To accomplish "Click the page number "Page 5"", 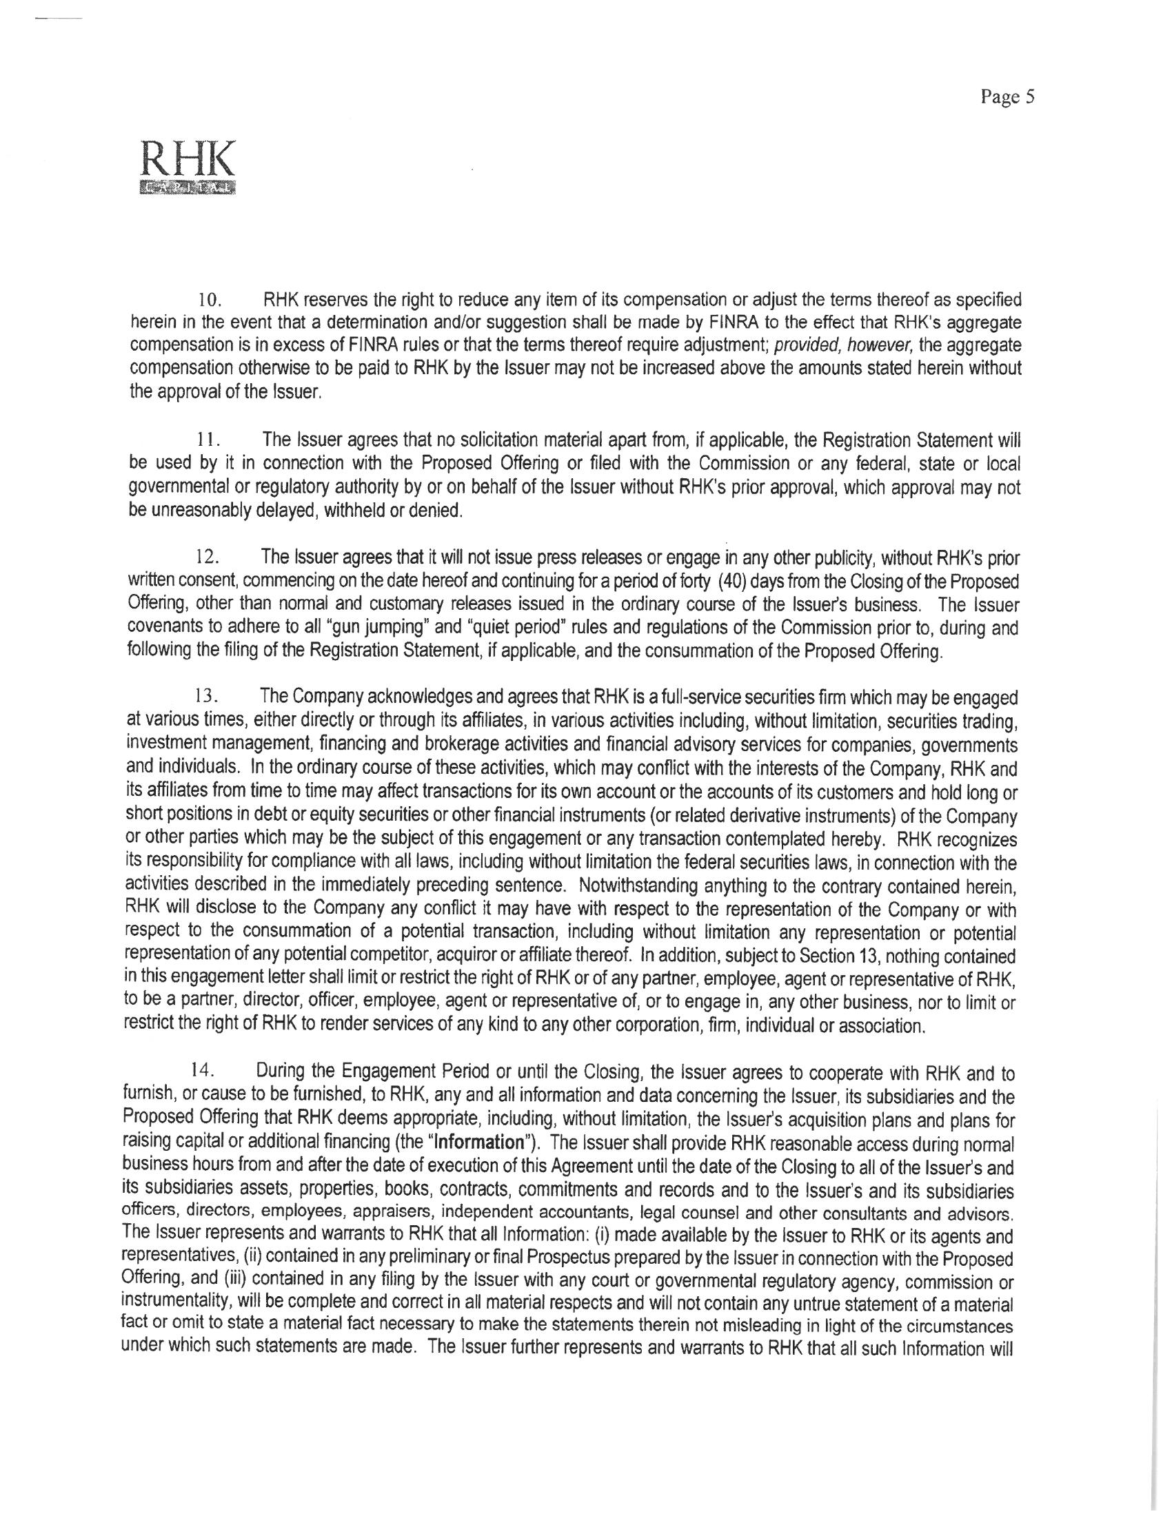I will (x=1007, y=98).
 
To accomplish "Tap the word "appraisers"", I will (x=394, y=1213).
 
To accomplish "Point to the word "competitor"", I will (x=384, y=956).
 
